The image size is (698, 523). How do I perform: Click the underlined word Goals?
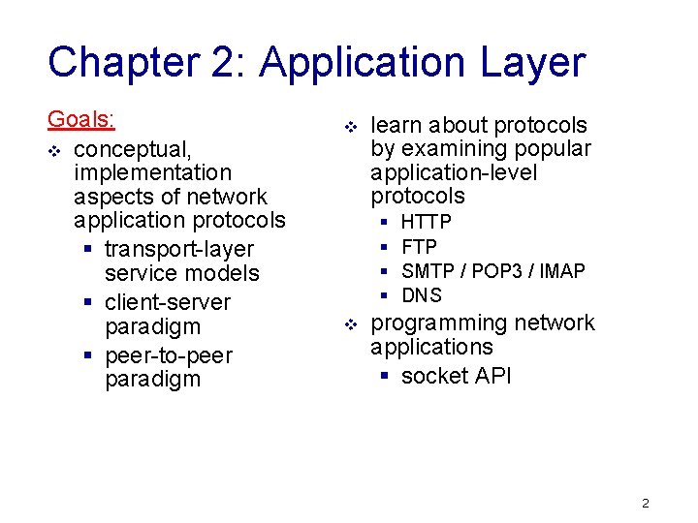pyautogui.click(x=81, y=120)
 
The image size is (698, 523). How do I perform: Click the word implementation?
pyautogui.click(x=152, y=173)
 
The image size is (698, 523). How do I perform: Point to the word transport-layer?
pyautogui.click(x=179, y=250)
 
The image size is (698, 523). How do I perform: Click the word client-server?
pyautogui.click(x=168, y=302)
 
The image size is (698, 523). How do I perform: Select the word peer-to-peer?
pyautogui.click(x=168, y=355)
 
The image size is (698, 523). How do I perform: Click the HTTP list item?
pyautogui.click(x=426, y=223)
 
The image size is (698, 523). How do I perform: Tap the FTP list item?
pyautogui.click(x=419, y=247)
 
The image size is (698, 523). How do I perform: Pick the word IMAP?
pyautogui.click(x=562, y=271)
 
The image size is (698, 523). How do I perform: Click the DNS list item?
pyautogui.click(x=421, y=295)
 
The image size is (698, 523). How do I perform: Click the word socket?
pyautogui.click(x=435, y=376)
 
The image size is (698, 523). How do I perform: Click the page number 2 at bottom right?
pyautogui.click(x=646, y=504)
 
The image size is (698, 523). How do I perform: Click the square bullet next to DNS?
pyautogui.click(x=384, y=295)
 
